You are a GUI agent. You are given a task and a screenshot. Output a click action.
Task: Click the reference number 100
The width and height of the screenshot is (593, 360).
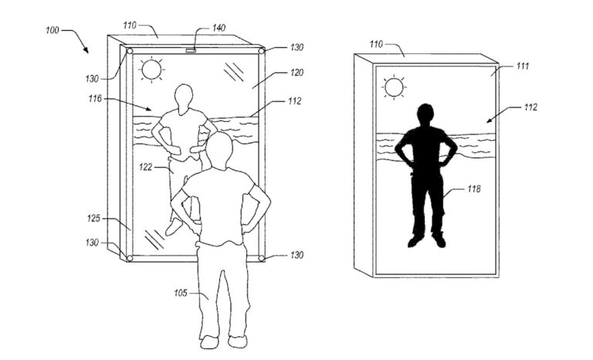(53, 30)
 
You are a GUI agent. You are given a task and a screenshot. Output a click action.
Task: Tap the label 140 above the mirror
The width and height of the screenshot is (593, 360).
(219, 28)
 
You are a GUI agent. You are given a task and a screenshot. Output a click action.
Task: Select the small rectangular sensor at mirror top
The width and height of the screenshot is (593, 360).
(191, 50)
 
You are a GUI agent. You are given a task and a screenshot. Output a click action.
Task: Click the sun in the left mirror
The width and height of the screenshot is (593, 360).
(151, 70)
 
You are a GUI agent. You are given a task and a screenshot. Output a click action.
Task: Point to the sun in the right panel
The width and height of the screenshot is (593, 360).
(394, 87)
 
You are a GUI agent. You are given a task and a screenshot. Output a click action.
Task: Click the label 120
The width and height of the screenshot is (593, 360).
(296, 73)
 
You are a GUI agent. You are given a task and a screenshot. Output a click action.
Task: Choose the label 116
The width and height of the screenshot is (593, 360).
(95, 98)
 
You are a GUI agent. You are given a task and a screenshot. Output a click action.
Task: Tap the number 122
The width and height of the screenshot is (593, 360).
(146, 167)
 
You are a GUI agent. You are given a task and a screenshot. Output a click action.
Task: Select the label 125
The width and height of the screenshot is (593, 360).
(93, 219)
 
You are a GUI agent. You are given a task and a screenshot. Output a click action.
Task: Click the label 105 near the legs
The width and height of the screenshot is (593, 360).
(181, 293)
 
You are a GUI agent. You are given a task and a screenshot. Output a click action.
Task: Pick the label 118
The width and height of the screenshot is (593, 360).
(474, 188)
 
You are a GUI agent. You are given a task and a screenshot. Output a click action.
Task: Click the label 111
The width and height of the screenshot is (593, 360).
(522, 66)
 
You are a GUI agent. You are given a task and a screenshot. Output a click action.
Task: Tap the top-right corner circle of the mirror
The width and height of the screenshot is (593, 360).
(261, 51)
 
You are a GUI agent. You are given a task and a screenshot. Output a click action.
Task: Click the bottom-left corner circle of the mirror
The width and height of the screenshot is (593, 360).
(130, 258)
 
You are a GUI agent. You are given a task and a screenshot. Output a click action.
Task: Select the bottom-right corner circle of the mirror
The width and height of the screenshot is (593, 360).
(261, 258)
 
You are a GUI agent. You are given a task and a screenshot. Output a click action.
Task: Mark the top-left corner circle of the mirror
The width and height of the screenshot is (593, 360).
(130, 51)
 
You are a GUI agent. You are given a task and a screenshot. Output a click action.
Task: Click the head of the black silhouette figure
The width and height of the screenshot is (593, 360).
(425, 114)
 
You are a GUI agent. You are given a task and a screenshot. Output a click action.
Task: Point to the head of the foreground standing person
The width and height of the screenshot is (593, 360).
(219, 151)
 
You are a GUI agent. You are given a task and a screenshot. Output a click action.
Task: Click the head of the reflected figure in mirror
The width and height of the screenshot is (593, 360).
(184, 97)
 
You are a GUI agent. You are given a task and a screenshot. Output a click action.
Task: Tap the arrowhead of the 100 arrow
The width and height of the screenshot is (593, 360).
(86, 51)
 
